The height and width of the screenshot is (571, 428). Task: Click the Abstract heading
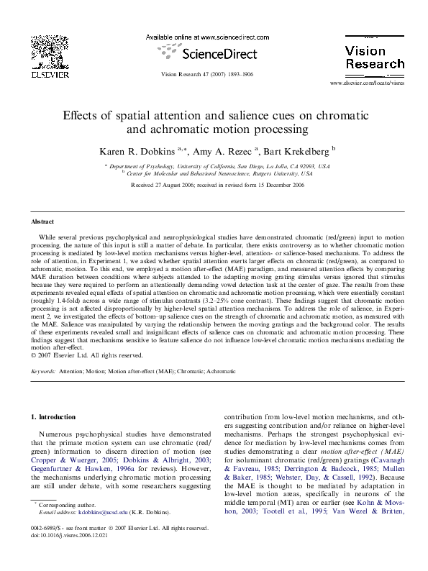coord(45,221)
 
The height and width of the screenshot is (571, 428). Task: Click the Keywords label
coord(45,371)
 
